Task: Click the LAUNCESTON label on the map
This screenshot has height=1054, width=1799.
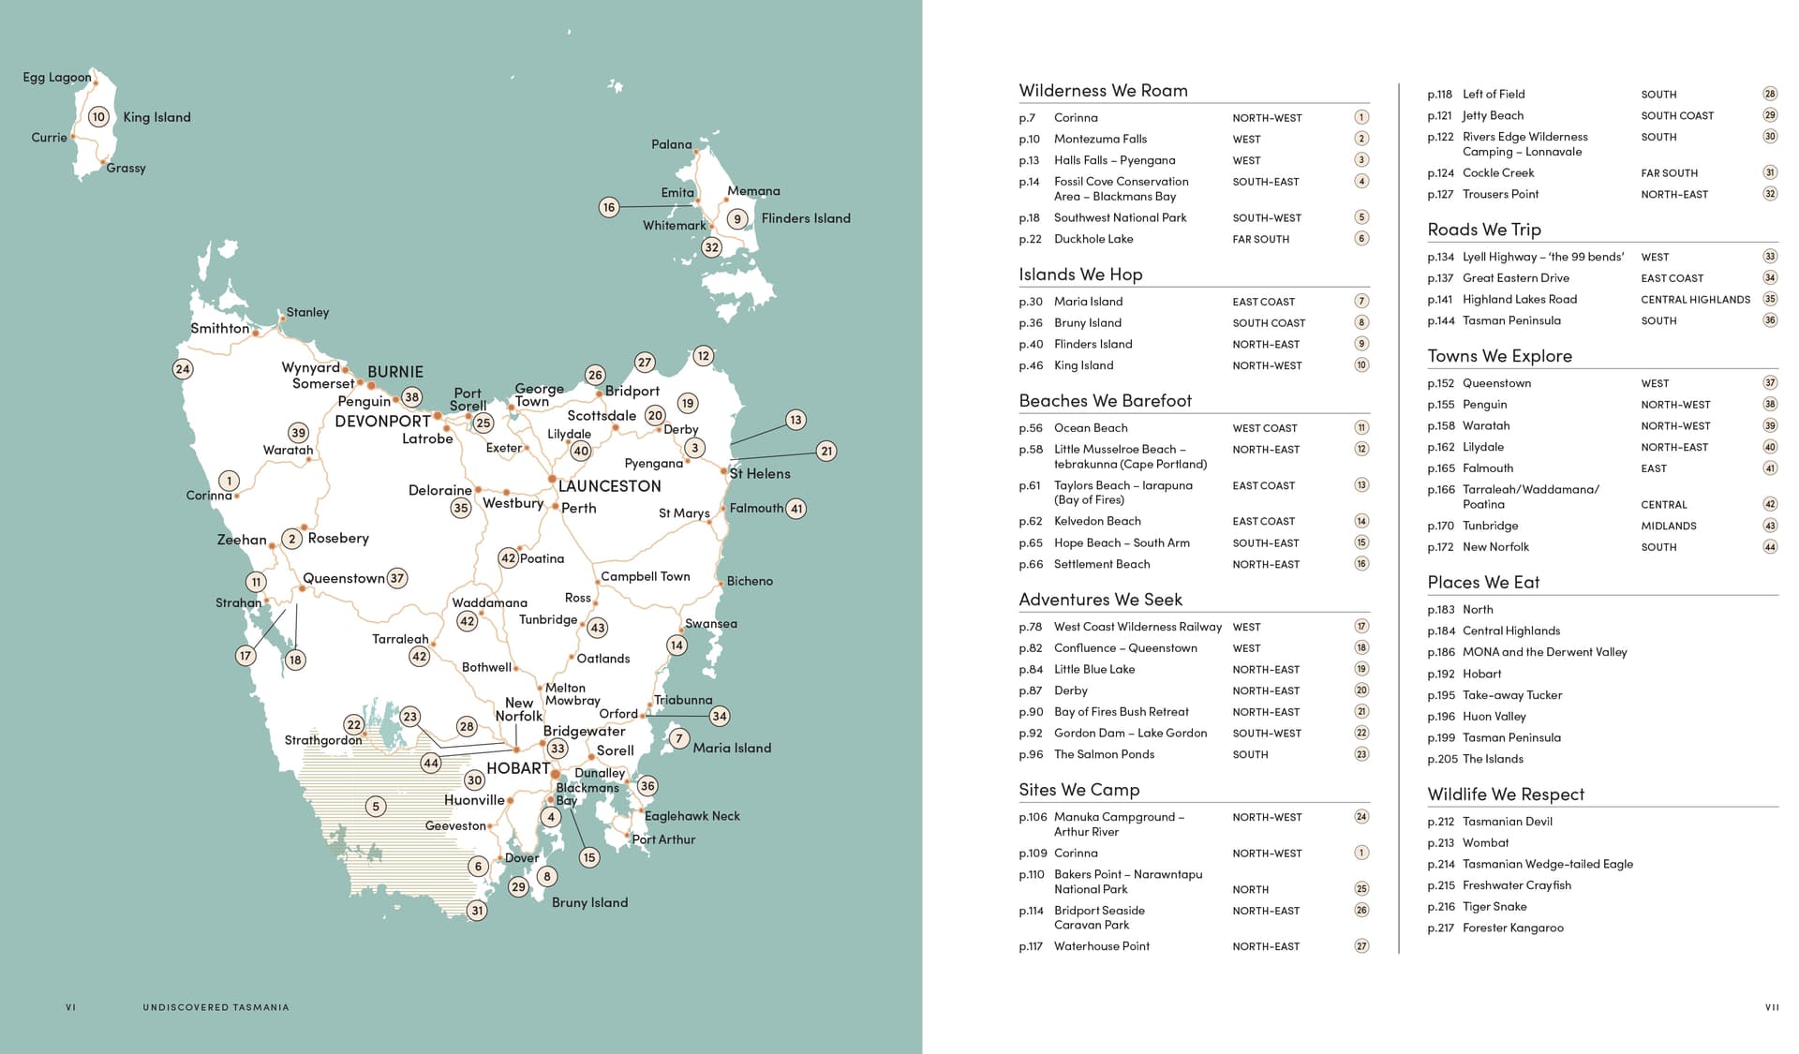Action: (609, 486)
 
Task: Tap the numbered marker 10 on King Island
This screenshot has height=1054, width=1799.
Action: (98, 117)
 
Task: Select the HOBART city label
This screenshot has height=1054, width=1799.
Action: (517, 768)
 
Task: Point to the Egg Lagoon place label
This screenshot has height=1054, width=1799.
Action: (57, 78)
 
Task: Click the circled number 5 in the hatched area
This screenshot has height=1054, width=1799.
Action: (376, 806)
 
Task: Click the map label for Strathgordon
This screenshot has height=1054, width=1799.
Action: (322, 740)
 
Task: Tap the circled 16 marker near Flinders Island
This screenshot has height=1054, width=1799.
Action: (609, 207)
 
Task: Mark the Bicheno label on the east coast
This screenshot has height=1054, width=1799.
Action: (750, 581)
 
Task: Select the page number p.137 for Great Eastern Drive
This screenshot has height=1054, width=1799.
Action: (1439, 278)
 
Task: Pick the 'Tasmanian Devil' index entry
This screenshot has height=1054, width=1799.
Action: (1507, 822)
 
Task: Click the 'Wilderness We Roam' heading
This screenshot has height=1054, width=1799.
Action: (1103, 91)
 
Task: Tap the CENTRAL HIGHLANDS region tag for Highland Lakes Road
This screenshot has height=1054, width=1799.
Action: (1695, 300)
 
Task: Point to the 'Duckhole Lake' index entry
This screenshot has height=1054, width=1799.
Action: (1093, 239)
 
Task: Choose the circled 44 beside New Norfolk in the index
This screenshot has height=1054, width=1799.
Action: (1769, 547)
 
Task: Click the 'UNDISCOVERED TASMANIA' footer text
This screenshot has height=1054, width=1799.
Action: (216, 1007)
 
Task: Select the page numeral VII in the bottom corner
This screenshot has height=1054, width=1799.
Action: (1771, 1007)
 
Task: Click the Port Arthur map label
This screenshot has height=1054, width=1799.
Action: (663, 839)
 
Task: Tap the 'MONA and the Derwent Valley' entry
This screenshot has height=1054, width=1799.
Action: (1544, 652)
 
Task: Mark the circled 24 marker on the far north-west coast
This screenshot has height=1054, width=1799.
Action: (183, 369)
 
